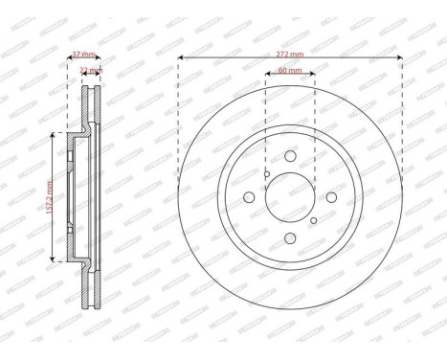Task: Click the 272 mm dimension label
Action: coord(289,56)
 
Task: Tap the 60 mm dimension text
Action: coord(289,71)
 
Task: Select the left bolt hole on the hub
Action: coord(249,197)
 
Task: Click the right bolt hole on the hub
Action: coord(329,197)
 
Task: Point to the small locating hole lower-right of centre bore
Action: coord(312,220)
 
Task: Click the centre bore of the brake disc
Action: coord(289,197)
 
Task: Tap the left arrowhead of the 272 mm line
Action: coord(180,62)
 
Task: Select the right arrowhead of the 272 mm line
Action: coord(399,62)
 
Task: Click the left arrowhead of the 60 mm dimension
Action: coord(265,79)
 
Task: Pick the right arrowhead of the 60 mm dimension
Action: coord(313,79)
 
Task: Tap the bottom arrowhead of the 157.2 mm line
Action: coord(49,259)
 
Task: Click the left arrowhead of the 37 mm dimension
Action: coord(69,62)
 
